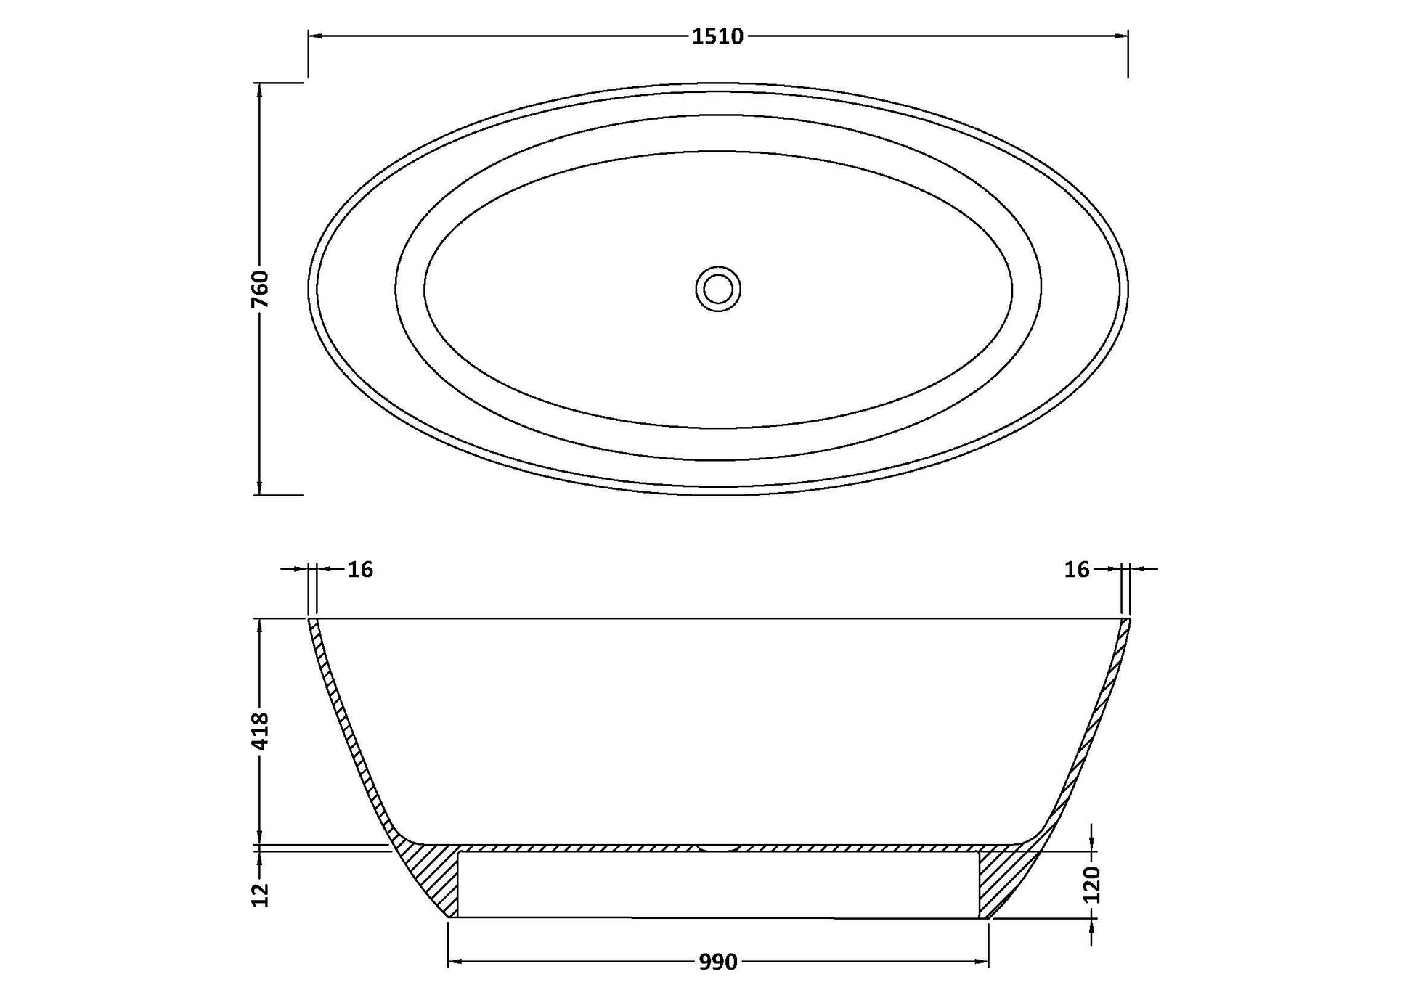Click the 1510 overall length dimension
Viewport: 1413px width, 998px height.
coord(717,36)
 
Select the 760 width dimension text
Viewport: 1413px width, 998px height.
coord(260,289)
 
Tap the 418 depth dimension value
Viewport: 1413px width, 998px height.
coord(260,732)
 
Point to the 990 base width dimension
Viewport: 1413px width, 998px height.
coord(718,962)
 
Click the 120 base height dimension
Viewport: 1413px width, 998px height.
coord(1091,885)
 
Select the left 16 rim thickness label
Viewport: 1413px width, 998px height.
coord(360,570)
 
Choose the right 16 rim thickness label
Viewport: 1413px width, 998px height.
coord(1078,570)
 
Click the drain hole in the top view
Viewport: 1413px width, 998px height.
coord(718,289)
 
